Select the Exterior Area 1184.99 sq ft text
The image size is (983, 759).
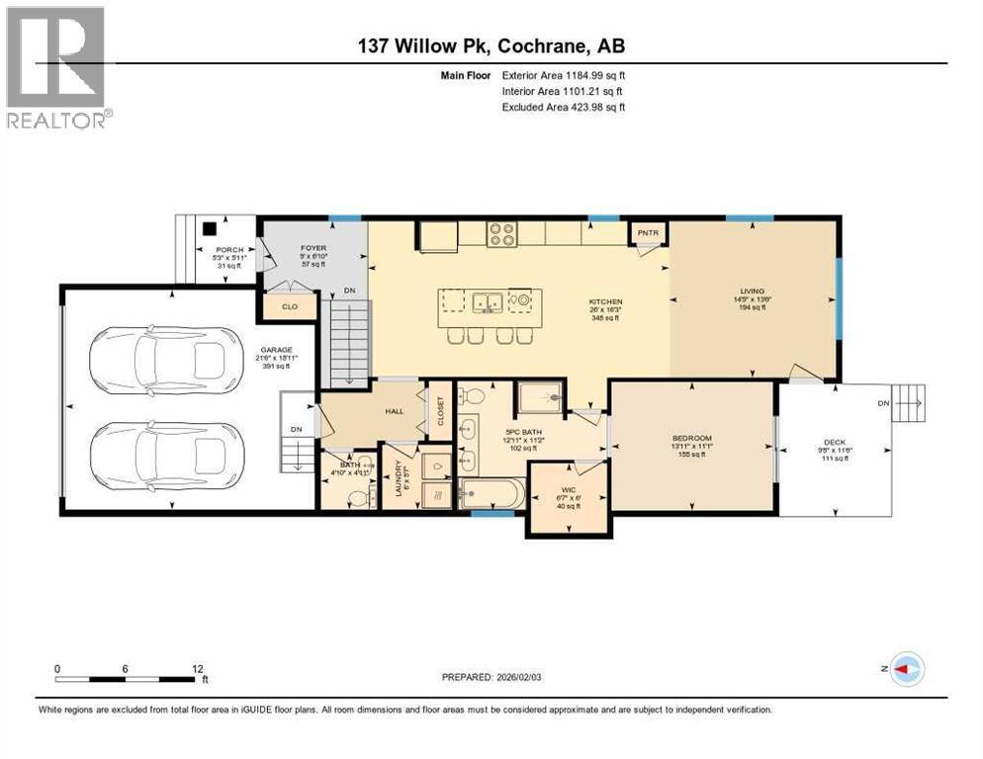pyautogui.click(x=565, y=74)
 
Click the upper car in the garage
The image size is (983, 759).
pyautogui.click(x=164, y=361)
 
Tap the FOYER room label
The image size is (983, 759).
pyautogui.click(x=314, y=248)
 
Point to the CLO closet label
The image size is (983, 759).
pyautogui.click(x=290, y=307)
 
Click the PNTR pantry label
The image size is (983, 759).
pyautogui.click(x=649, y=233)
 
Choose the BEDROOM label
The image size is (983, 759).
pyautogui.click(x=691, y=438)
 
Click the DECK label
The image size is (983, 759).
pyautogui.click(x=834, y=443)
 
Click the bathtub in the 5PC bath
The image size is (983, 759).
pyautogui.click(x=492, y=492)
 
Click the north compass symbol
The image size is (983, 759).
pyautogui.click(x=906, y=669)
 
